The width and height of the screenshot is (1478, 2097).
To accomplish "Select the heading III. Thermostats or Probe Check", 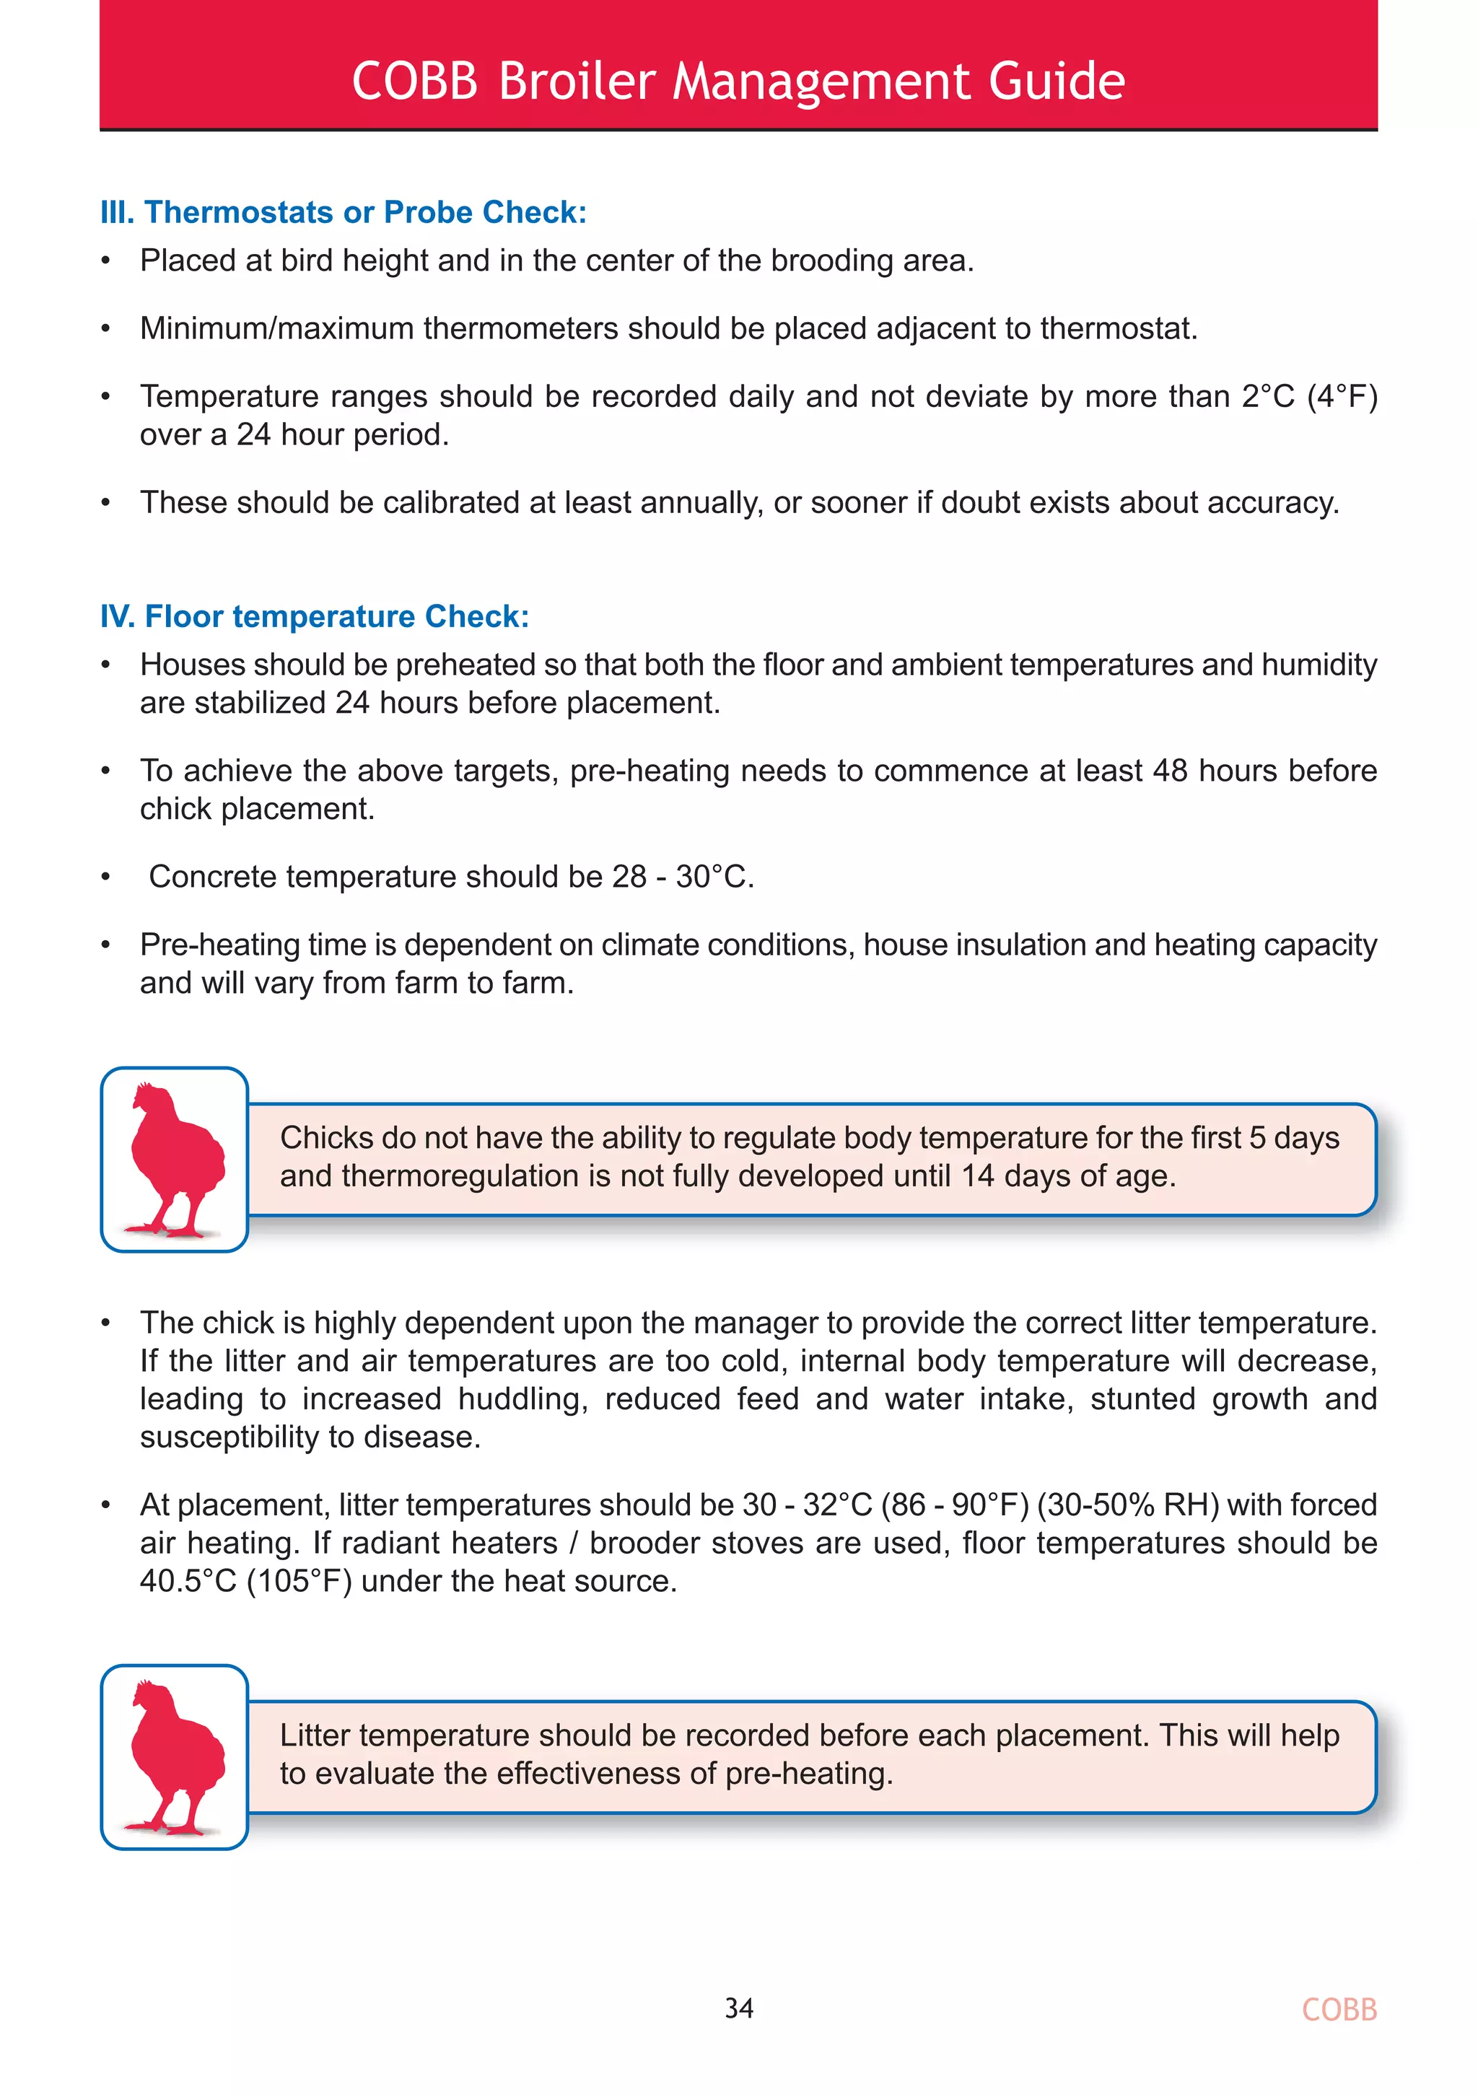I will pos(343,212).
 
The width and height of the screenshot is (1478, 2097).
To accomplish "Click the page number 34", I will pos(738,2008).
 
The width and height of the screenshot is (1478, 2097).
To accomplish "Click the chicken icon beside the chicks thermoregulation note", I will pos(175,1159).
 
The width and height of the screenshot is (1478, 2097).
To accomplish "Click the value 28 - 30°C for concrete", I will pos(683,877).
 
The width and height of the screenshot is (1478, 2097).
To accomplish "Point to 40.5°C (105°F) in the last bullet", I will pos(245,1581).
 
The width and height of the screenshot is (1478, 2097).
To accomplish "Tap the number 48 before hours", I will pos(1169,771).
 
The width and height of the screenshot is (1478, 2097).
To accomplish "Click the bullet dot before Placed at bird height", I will pos(106,261).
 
